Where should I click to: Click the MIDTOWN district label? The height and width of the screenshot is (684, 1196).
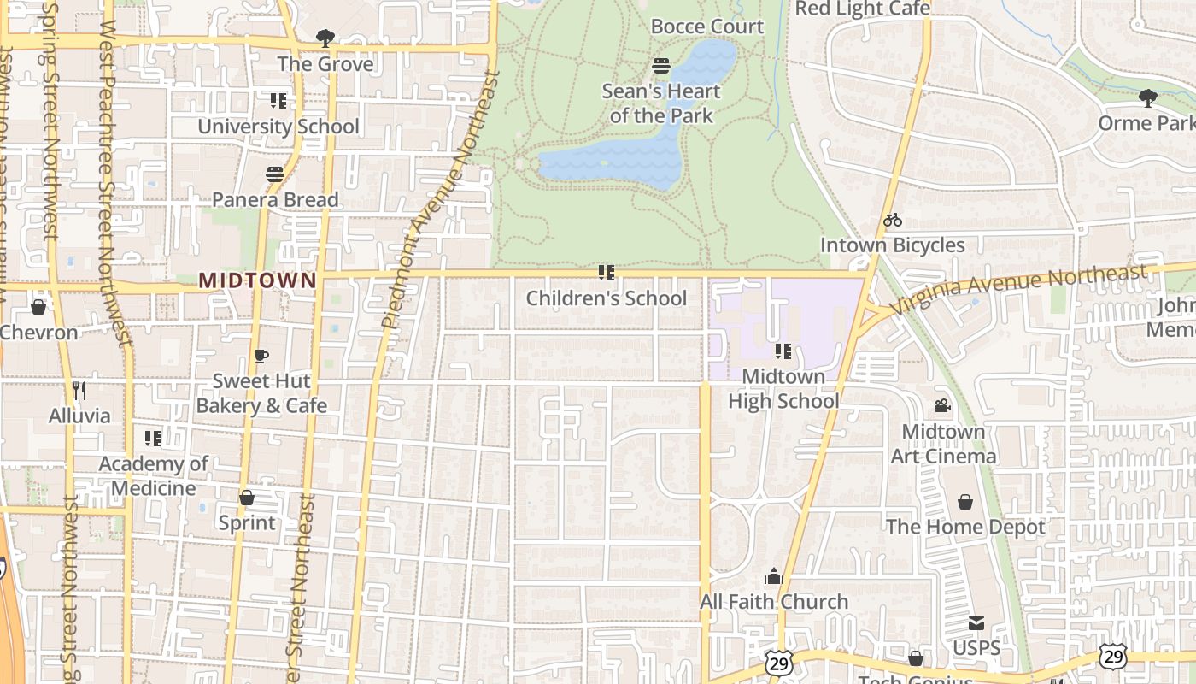(257, 280)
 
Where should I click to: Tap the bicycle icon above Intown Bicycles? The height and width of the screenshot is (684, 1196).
(893, 221)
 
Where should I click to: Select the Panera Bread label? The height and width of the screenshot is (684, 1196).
(275, 200)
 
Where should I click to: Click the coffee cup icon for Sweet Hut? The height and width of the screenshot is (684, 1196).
(261, 356)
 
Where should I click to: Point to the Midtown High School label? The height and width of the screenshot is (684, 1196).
(783, 389)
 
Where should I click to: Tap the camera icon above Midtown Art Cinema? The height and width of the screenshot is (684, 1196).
(942, 406)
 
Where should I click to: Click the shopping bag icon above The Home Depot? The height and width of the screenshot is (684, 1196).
(965, 502)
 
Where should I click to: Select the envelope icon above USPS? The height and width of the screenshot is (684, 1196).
(976, 623)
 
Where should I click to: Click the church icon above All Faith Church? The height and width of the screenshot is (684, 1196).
(774, 577)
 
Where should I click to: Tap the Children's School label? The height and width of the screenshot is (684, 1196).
(606, 298)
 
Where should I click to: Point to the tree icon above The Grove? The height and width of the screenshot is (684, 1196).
(325, 38)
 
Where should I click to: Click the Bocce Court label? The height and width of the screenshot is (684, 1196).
(706, 27)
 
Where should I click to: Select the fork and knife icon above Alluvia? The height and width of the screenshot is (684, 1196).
(79, 391)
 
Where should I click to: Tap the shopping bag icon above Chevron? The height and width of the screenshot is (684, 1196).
(38, 307)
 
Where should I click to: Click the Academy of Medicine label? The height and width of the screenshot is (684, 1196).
(154, 476)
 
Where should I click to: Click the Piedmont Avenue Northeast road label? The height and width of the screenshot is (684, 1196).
(440, 200)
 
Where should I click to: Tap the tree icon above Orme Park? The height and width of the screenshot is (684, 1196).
(1148, 98)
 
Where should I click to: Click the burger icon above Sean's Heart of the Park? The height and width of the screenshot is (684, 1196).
(660, 66)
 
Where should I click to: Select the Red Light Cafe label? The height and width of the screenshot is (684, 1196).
(862, 9)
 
